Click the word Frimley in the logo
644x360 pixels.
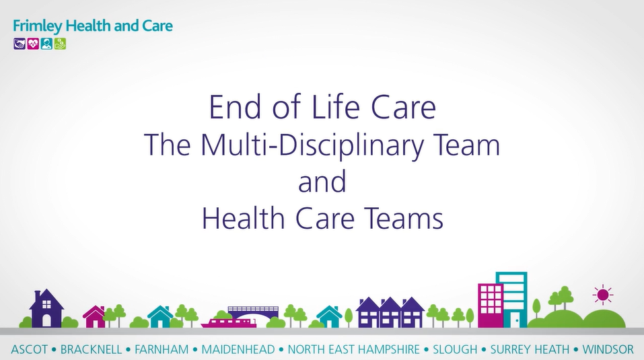tap(38, 26)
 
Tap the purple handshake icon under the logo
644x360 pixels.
tap(20, 44)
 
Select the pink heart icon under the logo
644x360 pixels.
tap(33, 44)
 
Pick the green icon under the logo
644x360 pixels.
tap(60, 44)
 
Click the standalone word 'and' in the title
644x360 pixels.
tap(322, 182)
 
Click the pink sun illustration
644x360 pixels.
tap(603, 295)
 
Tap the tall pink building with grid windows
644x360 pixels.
tap(491, 305)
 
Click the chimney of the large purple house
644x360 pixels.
tap(38, 294)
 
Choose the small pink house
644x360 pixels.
tap(94, 317)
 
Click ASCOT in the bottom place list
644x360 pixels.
tap(29, 349)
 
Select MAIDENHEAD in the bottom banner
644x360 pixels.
tap(238, 349)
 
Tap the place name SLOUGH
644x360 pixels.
tap(455, 349)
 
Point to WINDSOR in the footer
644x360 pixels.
tap(608, 349)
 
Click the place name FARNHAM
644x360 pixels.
tap(162, 349)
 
